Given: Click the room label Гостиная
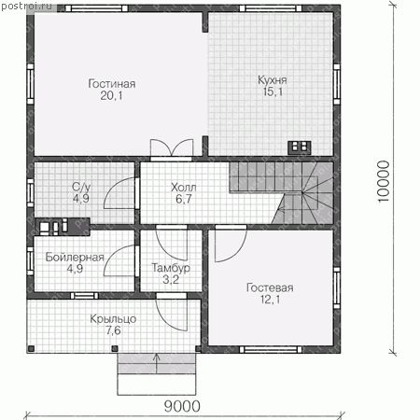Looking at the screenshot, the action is click(112, 84).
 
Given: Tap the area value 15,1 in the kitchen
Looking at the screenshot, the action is click(273, 92).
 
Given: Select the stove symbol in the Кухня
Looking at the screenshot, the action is click(299, 147).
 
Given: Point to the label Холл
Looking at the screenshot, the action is click(184, 188).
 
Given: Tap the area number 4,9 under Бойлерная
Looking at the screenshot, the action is click(75, 269).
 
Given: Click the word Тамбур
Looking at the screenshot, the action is click(171, 268).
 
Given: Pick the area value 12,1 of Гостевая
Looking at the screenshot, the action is click(270, 300).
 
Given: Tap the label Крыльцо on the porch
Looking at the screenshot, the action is click(113, 319).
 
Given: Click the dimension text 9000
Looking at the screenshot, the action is click(182, 406).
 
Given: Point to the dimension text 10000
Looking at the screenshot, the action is click(384, 181).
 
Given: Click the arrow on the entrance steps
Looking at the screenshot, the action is click(157, 363).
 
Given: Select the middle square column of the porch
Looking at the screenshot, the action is click(115, 348).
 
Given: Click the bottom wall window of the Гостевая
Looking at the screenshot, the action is click(271, 349).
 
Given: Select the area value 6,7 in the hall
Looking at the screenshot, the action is click(184, 199).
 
